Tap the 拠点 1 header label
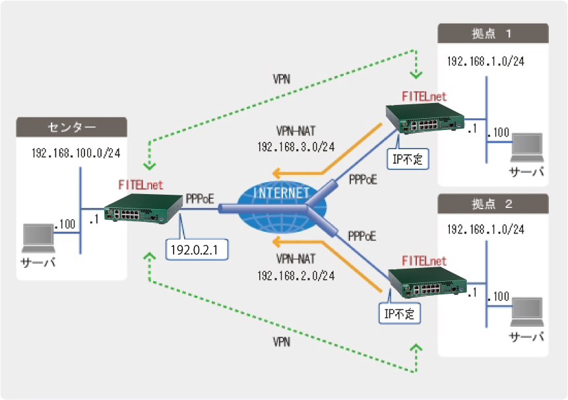click(493, 33)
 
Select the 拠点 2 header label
click(493, 203)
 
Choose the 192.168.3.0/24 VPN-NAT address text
click(296, 147)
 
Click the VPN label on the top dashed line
click(282, 79)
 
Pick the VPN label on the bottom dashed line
click(282, 343)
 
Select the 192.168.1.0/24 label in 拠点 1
click(486, 61)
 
